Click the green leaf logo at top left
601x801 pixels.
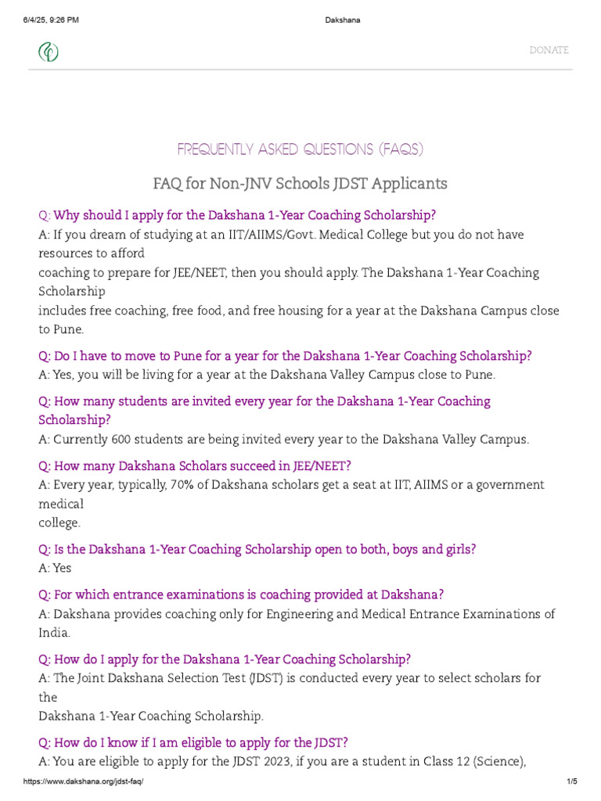(x=49, y=52)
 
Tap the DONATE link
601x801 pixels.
(x=549, y=50)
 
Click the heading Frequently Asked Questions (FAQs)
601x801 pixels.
(x=300, y=149)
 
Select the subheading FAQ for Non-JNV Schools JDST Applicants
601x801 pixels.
(x=300, y=184)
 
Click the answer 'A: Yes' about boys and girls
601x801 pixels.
(x=55, y=569)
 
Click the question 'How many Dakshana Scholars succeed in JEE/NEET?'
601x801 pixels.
(x=195, y=466)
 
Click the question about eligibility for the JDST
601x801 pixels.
(x=193, y=742)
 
